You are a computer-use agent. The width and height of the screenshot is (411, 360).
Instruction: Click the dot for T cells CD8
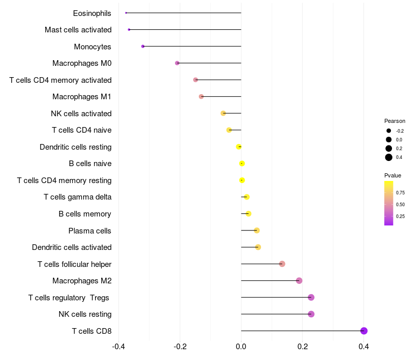[364, 331]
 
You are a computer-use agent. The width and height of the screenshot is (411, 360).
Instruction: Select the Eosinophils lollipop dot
[126, 13]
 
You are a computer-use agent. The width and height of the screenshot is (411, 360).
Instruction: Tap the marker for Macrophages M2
[299, 281]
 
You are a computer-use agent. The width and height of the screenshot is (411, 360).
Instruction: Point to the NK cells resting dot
[311, 314]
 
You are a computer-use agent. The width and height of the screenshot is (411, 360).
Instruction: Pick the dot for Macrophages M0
[177, 63]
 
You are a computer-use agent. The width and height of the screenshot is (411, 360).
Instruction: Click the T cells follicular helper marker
[282, 264]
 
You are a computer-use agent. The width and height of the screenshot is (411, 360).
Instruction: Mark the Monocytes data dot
[143, 46]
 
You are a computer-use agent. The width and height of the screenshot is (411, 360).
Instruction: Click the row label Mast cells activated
[78, 30]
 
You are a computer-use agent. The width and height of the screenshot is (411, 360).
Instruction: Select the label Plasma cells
[90, 230]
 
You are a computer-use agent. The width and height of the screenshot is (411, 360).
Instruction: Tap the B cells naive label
[90, 164]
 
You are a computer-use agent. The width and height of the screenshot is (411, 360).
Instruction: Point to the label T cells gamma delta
[78, 197]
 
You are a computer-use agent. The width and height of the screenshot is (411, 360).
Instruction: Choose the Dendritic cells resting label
[76, 147]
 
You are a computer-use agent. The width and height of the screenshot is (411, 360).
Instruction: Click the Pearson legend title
[395, 121]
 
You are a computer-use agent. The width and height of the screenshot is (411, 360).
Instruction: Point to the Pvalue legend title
[393, 175]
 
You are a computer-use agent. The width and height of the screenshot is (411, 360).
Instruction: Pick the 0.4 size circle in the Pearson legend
[389, 157]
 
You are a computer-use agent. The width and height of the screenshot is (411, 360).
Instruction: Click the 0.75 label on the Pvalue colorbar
[400, 192]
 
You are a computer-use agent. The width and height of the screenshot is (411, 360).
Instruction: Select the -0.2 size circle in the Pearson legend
[389, 131]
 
